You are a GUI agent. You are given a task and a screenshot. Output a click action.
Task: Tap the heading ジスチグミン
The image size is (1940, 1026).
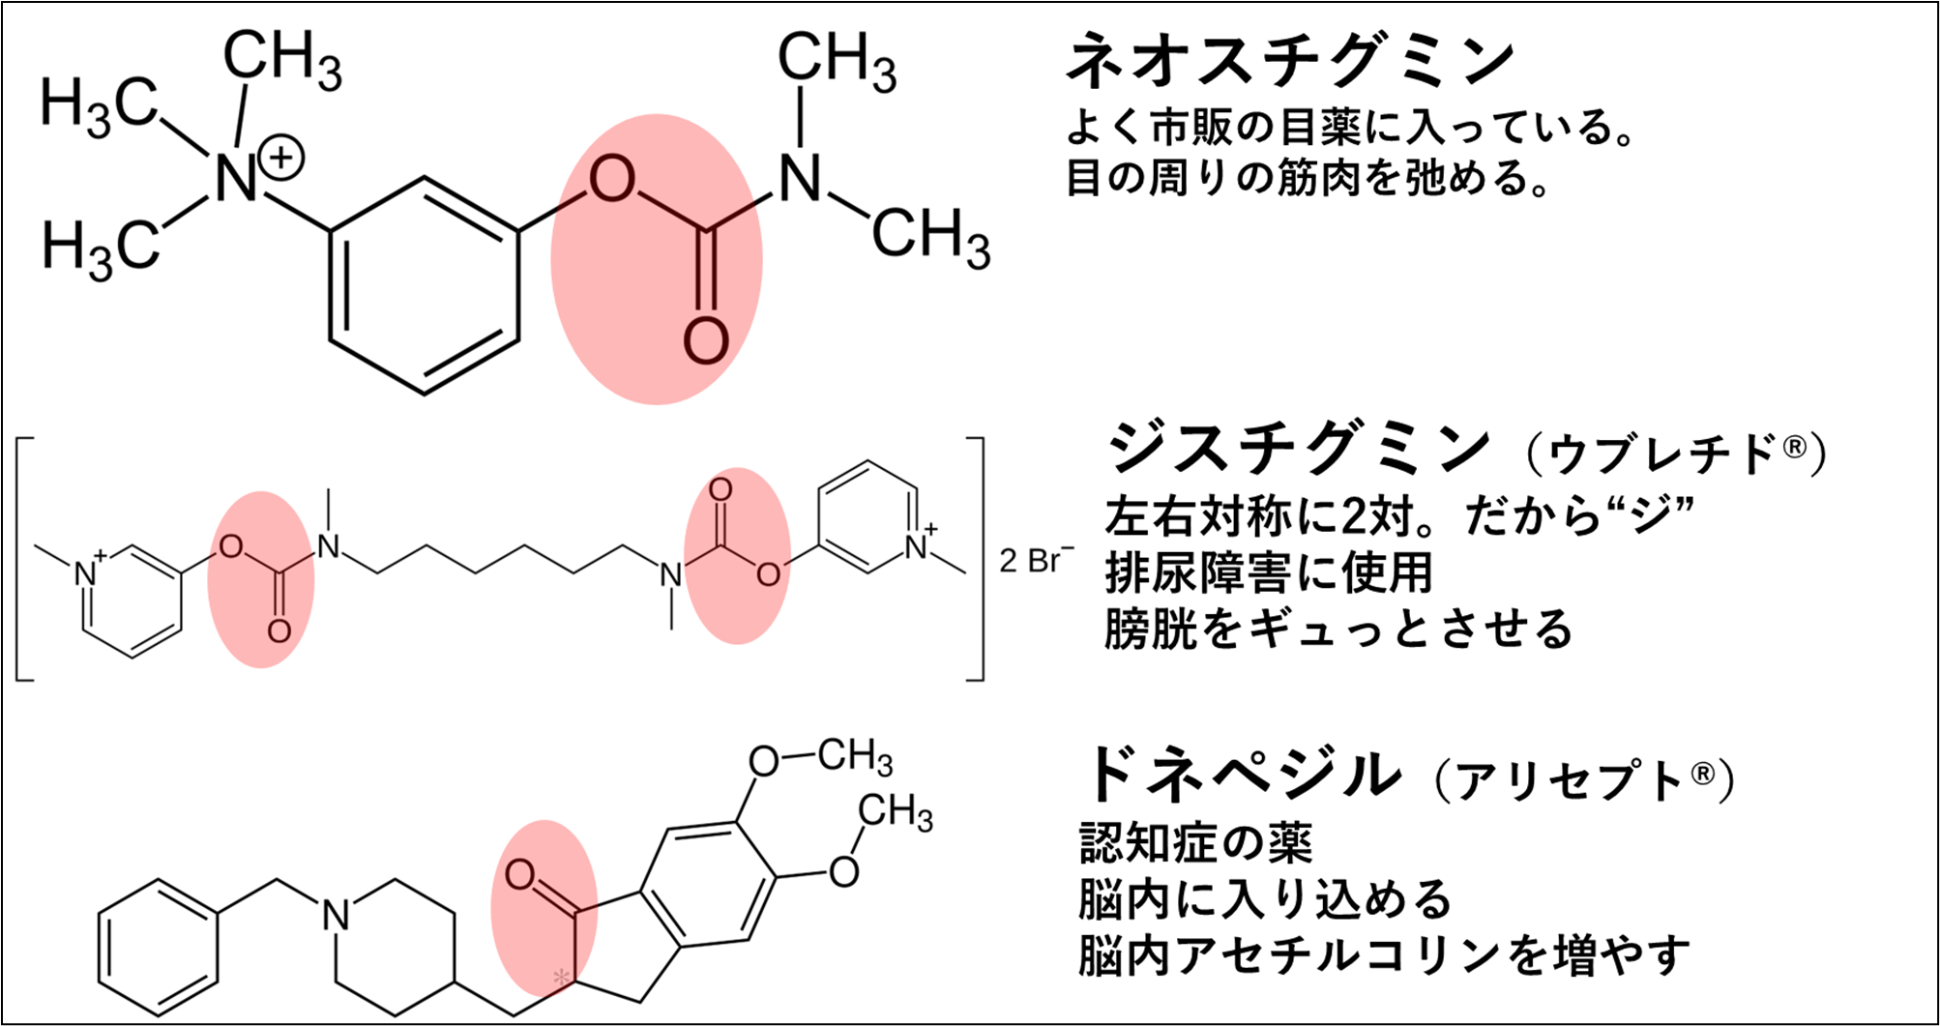[1299, 448]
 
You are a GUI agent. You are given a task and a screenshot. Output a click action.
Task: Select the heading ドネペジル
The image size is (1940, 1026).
[1243, 774]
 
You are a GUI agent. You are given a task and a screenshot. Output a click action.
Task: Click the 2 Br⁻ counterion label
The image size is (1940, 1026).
[1036, 560]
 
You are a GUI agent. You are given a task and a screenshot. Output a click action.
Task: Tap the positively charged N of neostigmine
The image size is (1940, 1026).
[237, 180]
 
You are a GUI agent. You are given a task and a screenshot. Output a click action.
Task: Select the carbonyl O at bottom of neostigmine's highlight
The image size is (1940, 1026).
[706, 339]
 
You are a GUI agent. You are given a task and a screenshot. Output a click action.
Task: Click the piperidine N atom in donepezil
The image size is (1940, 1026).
[336, 914]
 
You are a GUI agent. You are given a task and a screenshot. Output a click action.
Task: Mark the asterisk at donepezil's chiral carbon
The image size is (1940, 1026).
[561, 978]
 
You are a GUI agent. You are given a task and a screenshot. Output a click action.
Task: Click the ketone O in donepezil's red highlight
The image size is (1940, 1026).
[520, 875]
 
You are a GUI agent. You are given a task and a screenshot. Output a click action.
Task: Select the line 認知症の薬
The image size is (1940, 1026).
[1195, 843]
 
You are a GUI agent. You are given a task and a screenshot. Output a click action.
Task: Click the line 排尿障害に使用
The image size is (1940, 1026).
[1268, 572]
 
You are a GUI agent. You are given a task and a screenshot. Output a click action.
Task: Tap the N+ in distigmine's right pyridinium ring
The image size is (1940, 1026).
[917, 547]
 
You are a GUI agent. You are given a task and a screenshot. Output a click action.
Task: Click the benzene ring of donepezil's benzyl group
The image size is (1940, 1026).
[158, 949]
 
